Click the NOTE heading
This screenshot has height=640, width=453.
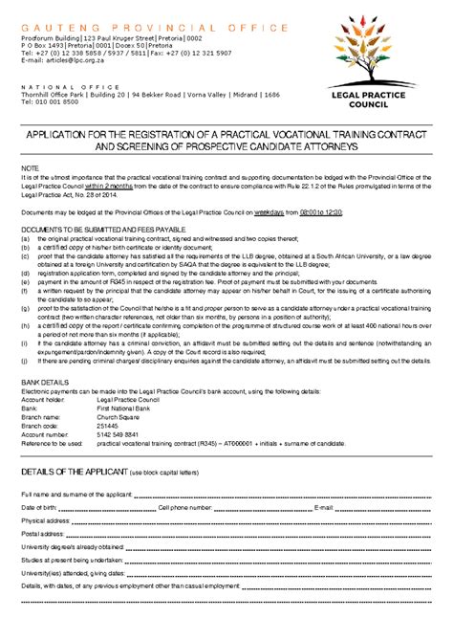(31, 166)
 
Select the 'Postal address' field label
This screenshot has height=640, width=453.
(43, 533)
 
